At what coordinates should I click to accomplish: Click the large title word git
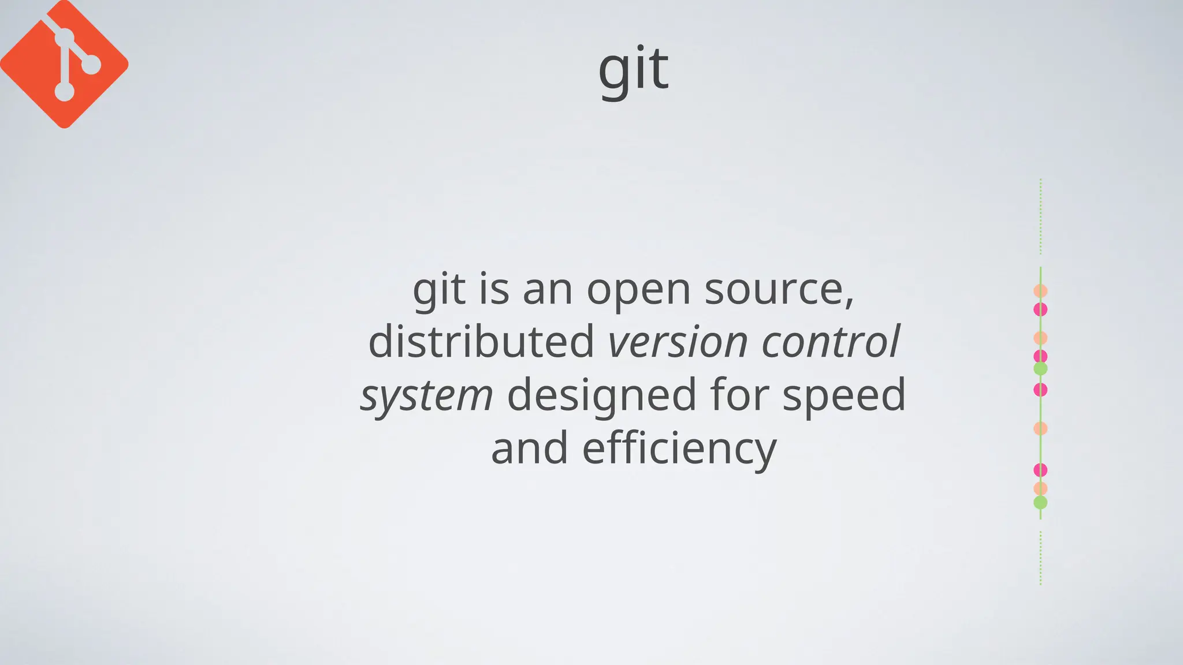633,70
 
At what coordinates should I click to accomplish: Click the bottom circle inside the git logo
64,91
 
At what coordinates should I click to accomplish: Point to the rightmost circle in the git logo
91,65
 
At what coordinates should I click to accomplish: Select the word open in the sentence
638,290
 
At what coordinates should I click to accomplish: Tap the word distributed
481,341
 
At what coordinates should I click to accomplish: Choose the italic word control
830,341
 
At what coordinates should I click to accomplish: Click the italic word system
426,395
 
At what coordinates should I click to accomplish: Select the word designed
601,395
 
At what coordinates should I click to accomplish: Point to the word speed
844,395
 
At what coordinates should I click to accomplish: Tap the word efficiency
679,449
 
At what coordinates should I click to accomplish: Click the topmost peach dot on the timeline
1040,291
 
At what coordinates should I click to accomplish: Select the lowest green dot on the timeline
1040,502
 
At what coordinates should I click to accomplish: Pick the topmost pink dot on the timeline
1040,309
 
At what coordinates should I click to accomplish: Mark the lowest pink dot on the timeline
1040,470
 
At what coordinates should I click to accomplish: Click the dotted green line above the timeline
1040,216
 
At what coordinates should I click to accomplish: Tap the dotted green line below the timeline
1040,558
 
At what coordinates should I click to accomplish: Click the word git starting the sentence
438,290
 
